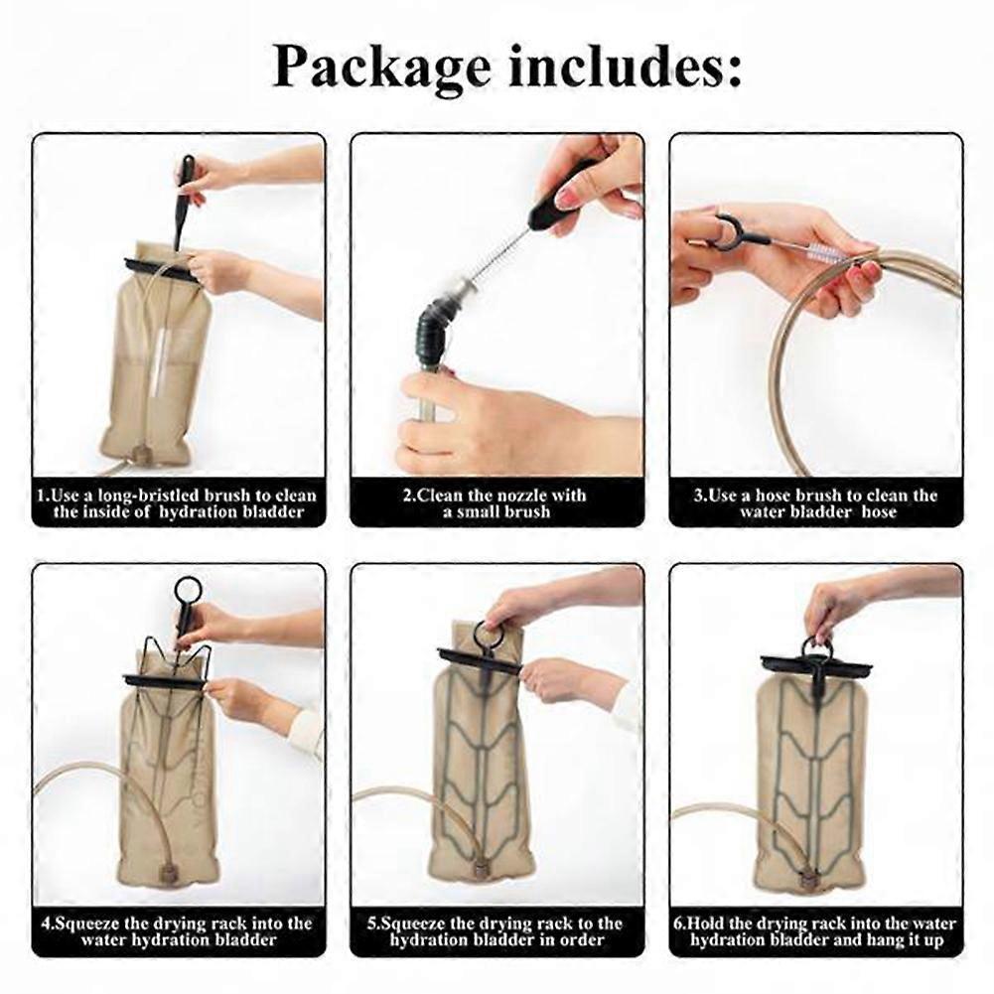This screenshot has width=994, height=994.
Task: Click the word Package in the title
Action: [381, 68]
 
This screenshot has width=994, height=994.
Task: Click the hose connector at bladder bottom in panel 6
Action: [808, 879]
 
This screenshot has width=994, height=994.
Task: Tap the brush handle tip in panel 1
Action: [188, 159]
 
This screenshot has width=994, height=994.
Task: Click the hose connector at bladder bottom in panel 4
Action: [170, 870]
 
